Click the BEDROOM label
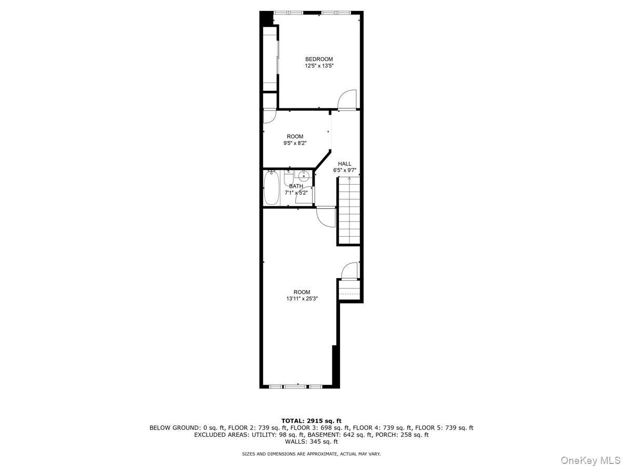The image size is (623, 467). (x=319, y=59)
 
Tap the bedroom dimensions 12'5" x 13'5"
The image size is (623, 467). (x=319, y=66)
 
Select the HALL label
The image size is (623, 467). (x=345, y=163)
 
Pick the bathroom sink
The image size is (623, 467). (x=304, y=176)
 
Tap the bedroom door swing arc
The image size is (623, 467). (x=347, y=99)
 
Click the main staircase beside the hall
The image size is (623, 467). (x=349, y=210)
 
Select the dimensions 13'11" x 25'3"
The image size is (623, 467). (x=302, y=299)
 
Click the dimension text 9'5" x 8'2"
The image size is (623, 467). (x=295, y=143)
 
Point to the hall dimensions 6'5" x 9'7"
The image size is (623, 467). (x=345, y=170)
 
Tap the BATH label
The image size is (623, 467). (x=296, y=186)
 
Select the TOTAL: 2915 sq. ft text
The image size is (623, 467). (x=311, y=421)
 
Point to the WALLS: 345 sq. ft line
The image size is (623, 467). (x=311, y=442)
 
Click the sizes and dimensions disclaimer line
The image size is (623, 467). (x=311, y=454)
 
